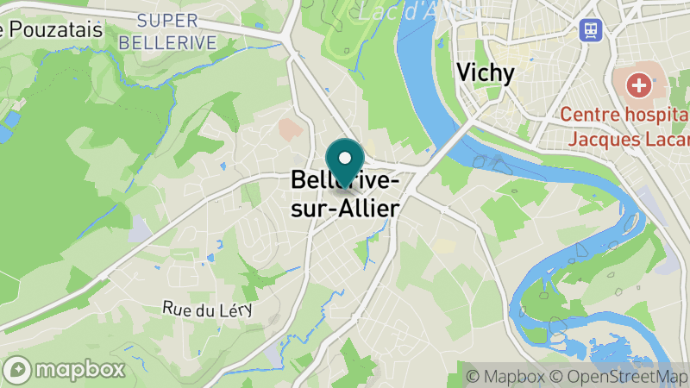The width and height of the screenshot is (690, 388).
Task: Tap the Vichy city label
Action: click(486, 72)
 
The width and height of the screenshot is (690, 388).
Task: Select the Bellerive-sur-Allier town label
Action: click(345, 195)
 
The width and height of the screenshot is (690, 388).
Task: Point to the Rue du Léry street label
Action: click(207, 309)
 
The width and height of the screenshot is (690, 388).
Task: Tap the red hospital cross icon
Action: click(639, 85)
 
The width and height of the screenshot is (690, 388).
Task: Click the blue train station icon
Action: click(591, 30)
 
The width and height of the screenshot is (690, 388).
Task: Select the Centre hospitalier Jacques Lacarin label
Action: click(625, 127)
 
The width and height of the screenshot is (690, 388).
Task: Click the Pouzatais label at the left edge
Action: click(52, 30)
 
